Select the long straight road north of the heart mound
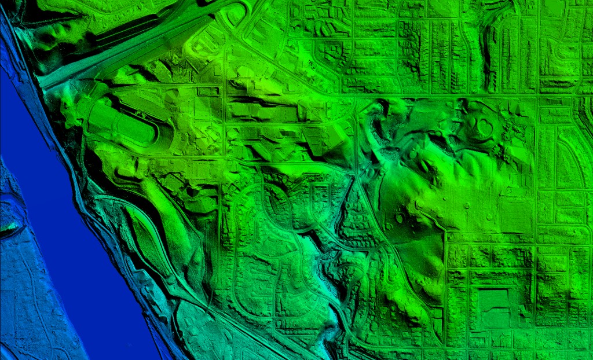452,94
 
